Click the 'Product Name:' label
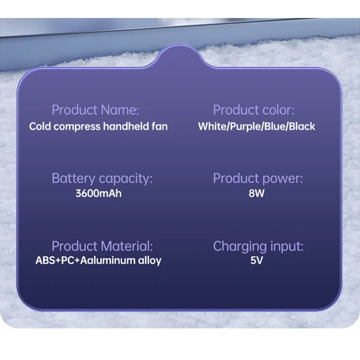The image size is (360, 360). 95,110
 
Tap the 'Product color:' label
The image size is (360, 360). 253,110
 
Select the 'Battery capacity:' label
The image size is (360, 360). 102,178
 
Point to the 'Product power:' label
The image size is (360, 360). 257,178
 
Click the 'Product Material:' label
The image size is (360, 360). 102,246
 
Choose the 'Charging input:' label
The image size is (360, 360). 258,246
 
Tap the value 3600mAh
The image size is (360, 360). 99,194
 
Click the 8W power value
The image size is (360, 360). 256,194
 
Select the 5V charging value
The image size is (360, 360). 256,260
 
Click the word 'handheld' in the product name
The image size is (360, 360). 128,126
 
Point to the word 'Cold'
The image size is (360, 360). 39,126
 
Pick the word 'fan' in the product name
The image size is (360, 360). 161,126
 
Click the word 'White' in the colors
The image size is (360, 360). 213,126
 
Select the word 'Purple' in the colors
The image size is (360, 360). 246,126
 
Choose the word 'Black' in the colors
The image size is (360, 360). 302,126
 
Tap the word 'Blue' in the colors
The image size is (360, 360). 275,126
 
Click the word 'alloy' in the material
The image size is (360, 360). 149,260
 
